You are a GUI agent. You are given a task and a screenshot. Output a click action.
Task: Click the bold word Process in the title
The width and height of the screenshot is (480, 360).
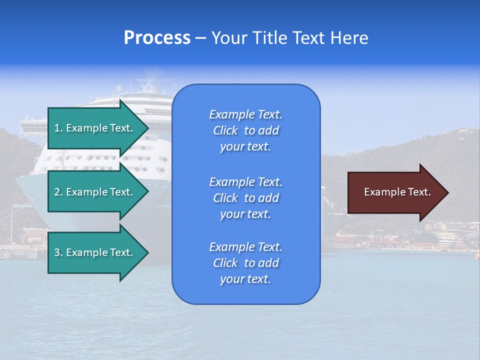tap(157, 38)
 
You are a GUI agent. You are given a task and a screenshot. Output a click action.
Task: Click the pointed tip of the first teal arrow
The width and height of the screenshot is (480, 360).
tap(147, 128)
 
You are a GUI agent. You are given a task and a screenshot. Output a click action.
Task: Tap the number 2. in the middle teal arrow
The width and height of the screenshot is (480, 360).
tap(58, 192)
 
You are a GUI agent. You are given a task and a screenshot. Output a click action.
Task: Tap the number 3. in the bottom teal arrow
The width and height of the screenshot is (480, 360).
tap(58, 252)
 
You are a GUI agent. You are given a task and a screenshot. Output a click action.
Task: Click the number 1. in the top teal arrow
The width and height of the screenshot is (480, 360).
tap(58, 128)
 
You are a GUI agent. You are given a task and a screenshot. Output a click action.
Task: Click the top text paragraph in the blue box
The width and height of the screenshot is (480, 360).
tap(245, 130)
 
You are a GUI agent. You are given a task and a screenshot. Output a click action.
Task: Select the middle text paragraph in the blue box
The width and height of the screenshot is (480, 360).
tap(245, 198)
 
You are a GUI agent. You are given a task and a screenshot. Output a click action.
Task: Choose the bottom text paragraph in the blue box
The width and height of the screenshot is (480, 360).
tap(245, 263)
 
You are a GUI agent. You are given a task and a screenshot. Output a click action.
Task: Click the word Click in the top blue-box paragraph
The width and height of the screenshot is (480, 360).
tap(225, 130)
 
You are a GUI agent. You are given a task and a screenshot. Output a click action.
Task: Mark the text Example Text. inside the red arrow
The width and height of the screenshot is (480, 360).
tap(397, 192)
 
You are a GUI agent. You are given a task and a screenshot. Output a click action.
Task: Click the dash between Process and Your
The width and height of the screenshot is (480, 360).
tap(201, 38)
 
